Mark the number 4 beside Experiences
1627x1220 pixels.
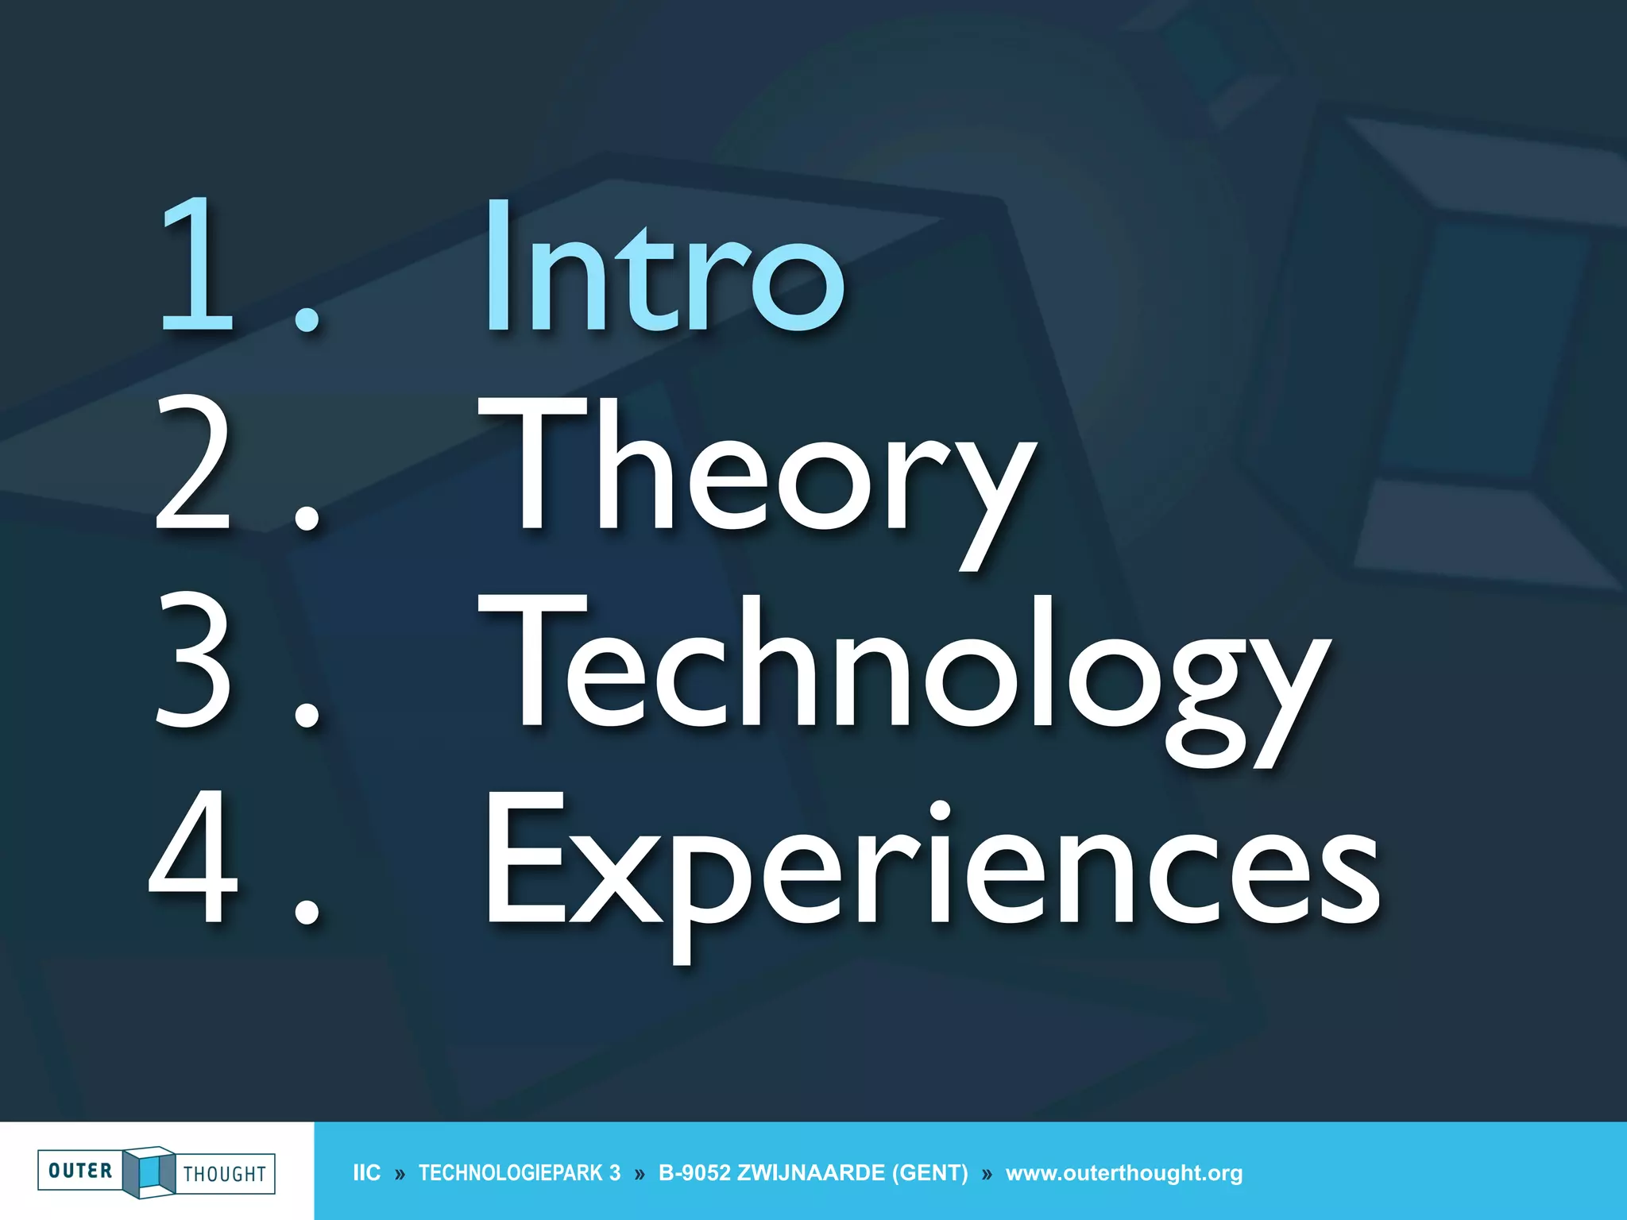click(x=193, y=858)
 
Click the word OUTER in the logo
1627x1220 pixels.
click(x=80, y=1171)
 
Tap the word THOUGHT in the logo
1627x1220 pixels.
click(x=225, y=1174)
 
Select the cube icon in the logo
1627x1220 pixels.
click(x=149, y=1172)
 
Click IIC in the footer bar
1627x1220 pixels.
click(x=366, y=1173)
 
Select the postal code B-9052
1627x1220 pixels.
click(x=694, y=1173)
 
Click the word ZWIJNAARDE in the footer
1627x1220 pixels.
click(x=811, y=1173)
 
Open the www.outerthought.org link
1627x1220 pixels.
click(x=1123, y=1173)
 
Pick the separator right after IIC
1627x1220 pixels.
click(x=400, y=1174)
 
